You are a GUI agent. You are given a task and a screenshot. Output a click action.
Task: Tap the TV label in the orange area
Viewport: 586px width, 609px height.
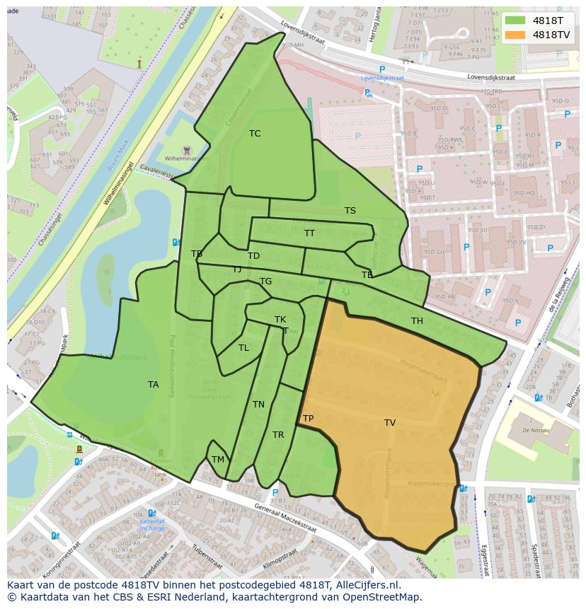coord(390,423)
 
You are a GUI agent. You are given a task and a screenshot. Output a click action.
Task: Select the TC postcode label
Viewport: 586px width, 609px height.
coord(255,134)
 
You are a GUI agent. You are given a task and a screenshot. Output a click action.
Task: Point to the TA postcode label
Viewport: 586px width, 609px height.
coord(154,385)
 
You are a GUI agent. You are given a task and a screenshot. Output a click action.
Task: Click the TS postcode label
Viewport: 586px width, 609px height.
coord(350,211)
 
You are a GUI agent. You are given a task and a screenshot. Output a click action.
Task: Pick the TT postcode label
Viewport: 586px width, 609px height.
coord(310,233)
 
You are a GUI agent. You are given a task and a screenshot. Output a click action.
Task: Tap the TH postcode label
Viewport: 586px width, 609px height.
coord(418,321)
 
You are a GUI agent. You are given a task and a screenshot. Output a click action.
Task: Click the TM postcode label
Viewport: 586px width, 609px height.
coord(218,460)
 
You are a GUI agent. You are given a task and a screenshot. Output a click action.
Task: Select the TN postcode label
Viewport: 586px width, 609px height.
coord(258,405)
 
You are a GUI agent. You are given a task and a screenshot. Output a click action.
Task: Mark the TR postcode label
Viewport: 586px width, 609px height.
coord(278,435)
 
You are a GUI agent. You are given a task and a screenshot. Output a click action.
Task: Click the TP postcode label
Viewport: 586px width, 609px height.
coord(309,419)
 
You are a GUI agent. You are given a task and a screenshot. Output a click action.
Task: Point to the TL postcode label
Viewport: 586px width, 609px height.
coord(243,348)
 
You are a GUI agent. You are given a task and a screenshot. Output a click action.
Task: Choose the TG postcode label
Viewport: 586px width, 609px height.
coord(265,282)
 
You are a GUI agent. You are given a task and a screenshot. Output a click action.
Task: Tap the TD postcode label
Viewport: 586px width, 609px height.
coord(253,256)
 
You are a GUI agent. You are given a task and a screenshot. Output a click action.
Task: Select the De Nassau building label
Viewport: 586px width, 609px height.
coord(536,430)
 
